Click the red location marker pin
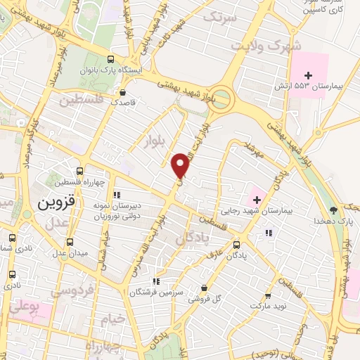181,166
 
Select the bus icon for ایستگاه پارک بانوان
110,60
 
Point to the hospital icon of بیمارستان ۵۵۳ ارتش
307,75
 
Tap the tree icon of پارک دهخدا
333,210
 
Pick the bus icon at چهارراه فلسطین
79,171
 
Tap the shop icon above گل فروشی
204,288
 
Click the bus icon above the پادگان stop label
236,245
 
